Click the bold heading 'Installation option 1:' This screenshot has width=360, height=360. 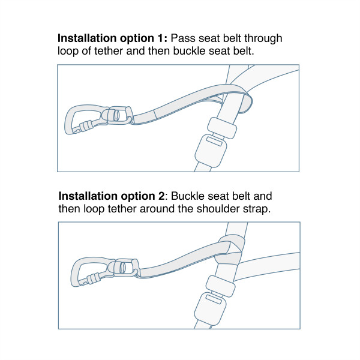click(113, 38)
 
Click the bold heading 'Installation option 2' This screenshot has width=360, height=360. click(114, 196)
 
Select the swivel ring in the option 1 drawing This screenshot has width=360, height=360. click(121, 115)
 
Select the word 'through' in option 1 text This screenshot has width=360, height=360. click(262, 38)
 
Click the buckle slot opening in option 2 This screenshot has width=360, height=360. click(214, 298)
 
